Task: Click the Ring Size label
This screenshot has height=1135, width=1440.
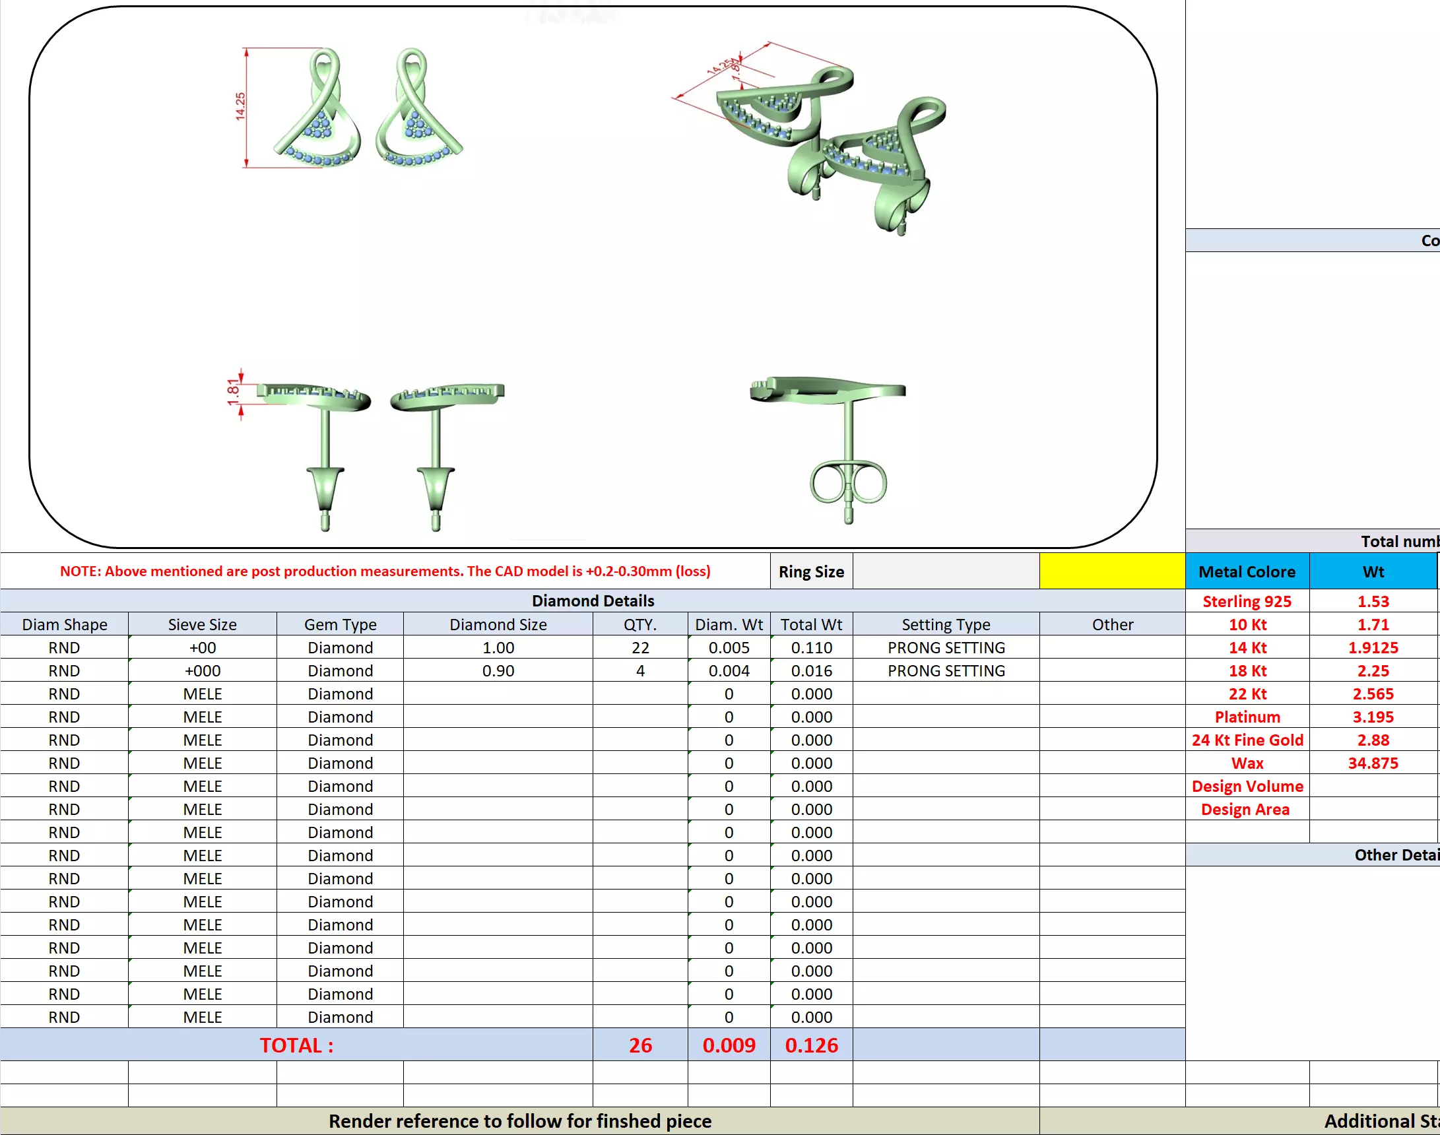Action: point(810,571)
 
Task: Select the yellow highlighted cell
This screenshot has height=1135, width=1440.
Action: point(1112,571)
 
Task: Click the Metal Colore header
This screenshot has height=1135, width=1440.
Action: point(1247,571)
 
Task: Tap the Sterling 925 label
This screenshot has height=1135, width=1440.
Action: point(1247,601)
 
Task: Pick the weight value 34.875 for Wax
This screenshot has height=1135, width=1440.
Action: point(1373,763)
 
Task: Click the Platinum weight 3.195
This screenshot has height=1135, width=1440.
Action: point(1373,717)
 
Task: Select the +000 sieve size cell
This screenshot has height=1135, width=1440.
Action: point(202,670)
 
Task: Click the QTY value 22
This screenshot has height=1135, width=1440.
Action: point(640,647)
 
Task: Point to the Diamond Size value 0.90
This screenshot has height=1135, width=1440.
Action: point(498,670)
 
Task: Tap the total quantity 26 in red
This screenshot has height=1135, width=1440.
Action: point(640,1045)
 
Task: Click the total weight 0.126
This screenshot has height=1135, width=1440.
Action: point(810,1045)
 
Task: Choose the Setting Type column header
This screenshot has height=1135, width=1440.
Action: point(946,625)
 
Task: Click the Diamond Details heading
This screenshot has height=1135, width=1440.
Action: point(593,600)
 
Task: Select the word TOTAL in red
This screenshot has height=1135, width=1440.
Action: point(296,1045)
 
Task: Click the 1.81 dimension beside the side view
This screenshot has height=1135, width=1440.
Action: point(232,392)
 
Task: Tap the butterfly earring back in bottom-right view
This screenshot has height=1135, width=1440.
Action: point(848,483)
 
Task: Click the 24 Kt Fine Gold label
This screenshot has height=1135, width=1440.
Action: point(1247,740)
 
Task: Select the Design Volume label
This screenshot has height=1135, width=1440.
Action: point(1247,786)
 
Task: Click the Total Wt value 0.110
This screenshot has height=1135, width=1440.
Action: point(810,647)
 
